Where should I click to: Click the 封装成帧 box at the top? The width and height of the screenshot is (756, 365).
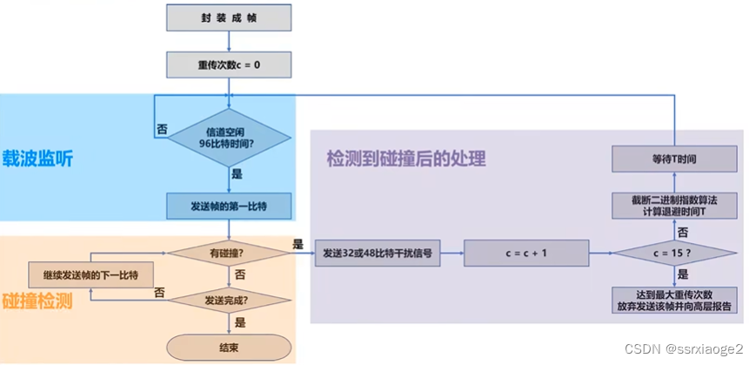point(228,17)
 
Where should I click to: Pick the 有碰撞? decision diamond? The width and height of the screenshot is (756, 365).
point(228,253)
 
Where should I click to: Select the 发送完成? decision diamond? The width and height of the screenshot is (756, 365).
point(228,299)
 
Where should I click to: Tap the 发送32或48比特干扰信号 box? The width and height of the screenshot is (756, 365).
point(377,253)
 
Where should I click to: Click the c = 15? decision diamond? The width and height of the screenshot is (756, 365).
point(675,253)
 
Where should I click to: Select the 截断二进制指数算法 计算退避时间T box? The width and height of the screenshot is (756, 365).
point(675,206)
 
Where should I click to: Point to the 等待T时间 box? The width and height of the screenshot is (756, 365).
point(675,159)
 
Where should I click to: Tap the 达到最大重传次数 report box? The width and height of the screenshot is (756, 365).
point(675,300)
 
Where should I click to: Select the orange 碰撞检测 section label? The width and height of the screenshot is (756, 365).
point(38,301)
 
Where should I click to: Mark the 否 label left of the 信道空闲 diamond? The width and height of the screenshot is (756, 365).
point(162,128)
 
